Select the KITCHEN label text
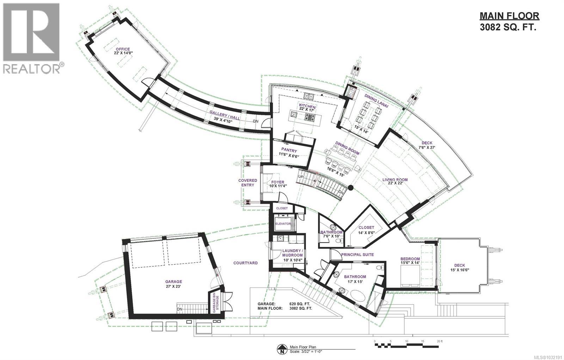click(307, 106)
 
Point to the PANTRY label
click(289, 150)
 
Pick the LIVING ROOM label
click(395, 180)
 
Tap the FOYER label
click(278, 182)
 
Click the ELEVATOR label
click(283, 224)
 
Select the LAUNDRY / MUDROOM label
click(292, 253)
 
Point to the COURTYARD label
click(245, 263)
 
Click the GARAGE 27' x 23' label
click(174, 281)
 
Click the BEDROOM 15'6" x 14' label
click(410, 259)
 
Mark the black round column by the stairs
click(351, 188)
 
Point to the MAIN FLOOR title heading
click(509, 16)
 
